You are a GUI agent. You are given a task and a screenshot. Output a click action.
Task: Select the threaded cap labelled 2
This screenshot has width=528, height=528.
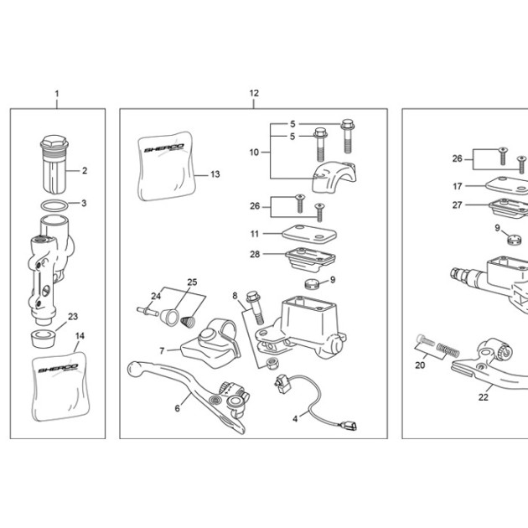[54, 164]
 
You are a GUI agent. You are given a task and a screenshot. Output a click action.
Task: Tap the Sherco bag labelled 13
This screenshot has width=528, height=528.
[166, 166]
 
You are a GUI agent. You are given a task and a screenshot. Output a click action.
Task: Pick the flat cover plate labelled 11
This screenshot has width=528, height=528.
[309, 234]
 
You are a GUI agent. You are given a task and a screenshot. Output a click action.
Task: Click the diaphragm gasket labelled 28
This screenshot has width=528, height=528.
[310, 259]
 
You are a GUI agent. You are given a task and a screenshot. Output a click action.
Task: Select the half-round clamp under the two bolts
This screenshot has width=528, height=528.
[334, 177]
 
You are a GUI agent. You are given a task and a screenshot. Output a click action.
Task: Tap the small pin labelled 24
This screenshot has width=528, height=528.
[148, 311]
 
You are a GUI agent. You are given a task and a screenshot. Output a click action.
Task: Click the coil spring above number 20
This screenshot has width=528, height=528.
[448, 349]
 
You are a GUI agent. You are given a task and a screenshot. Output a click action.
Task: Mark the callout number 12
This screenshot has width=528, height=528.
[254, 93]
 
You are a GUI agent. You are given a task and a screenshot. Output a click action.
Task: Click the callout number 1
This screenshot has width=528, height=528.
[57, 94]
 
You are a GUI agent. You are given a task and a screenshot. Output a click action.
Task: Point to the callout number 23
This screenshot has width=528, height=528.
[73, 317]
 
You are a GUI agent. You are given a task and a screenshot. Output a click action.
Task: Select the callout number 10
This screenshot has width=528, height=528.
[254, 153]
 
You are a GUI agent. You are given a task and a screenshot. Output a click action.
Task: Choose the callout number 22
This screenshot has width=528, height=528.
[484, 397]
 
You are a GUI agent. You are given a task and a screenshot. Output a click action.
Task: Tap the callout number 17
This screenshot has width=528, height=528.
[458, 186]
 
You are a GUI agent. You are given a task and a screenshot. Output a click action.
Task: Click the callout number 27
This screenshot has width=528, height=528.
[457, 204]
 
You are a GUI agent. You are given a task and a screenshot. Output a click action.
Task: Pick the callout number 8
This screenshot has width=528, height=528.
[235, 296]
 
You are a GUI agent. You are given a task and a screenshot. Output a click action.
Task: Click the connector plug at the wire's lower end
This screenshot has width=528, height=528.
[349, 426]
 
